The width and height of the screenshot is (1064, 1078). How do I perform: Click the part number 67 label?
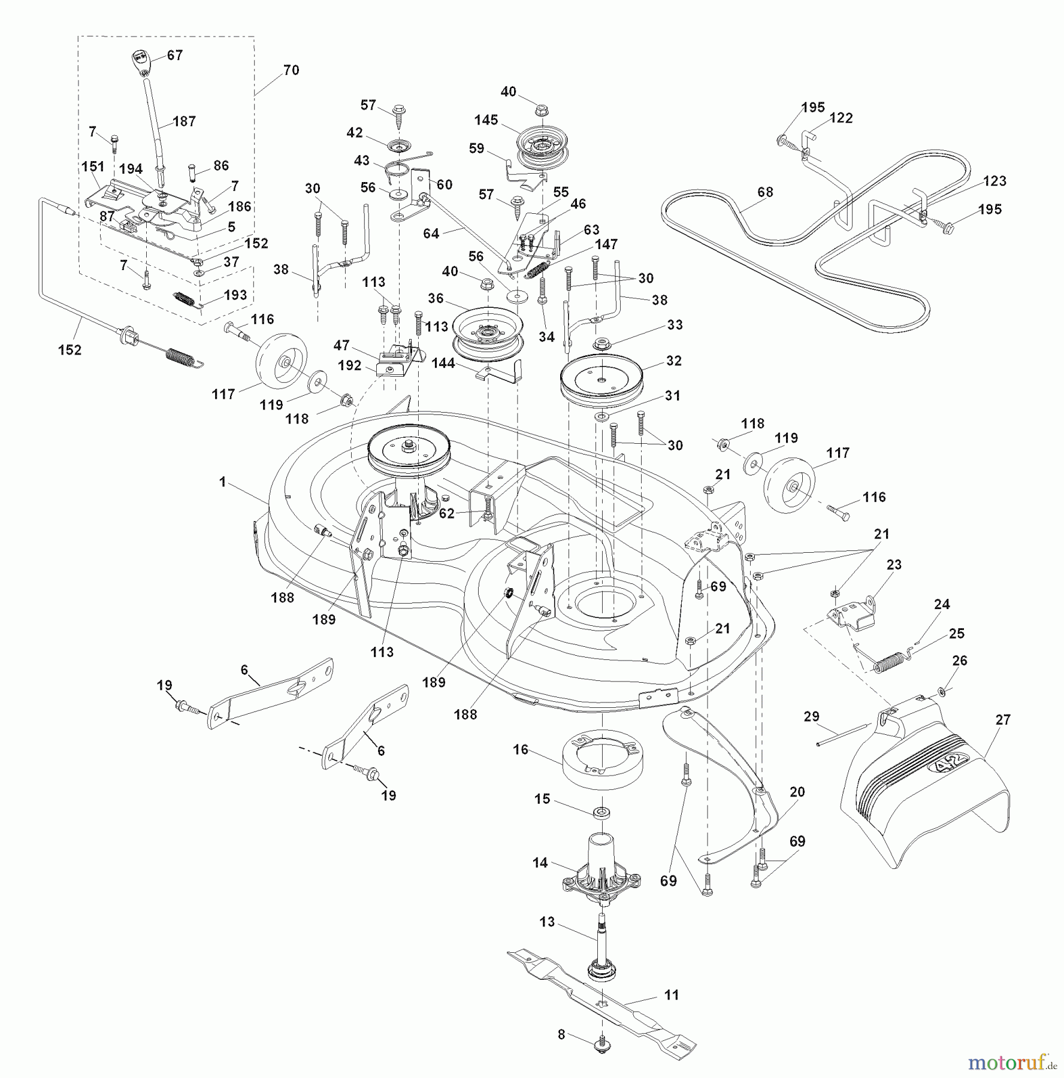pyautogui.click(x=174, y=55)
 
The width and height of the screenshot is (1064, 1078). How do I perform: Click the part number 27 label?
pyautogui.click(x=1003, y=720)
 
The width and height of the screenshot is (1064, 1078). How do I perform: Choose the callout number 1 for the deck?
pyautogui.click(x=222, y=482)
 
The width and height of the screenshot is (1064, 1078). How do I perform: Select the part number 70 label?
pyautogui.click(x=291, y=70)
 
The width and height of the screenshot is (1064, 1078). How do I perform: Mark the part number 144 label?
pyautogui.click(x=443, y=363)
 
